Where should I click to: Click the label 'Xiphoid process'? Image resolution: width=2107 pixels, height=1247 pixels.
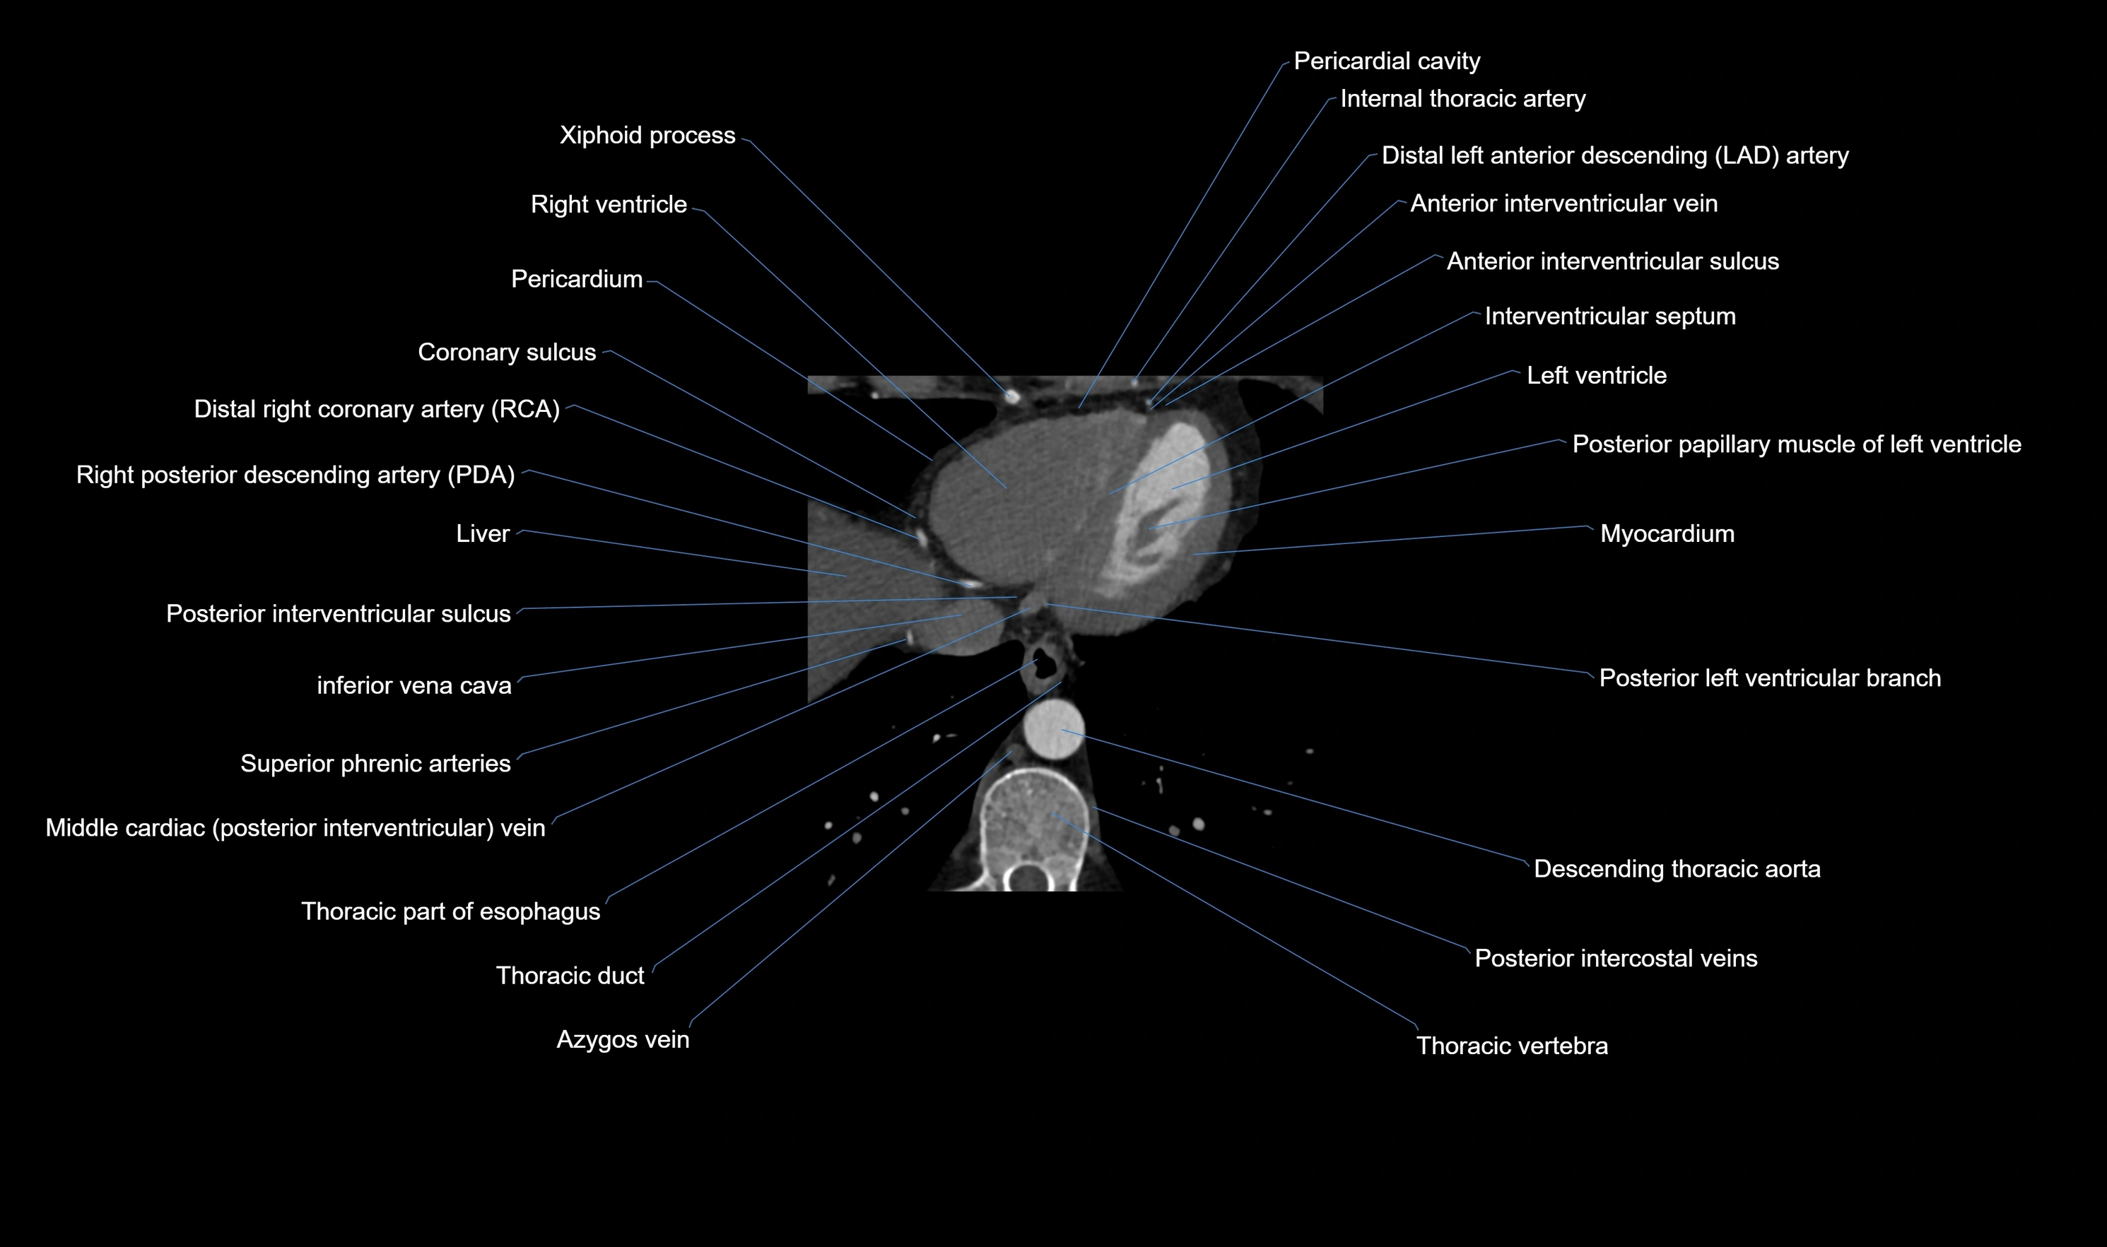point(647,135)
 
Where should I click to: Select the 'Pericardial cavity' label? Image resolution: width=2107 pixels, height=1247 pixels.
point(1387,61)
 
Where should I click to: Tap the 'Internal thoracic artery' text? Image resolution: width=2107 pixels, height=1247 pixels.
point(1462,99)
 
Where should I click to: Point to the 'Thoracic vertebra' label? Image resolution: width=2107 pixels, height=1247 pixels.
point(1511,1046)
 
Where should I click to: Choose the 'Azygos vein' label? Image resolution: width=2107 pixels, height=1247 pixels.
point(622,1040)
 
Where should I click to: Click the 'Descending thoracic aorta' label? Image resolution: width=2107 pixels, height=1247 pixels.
point(1677,869)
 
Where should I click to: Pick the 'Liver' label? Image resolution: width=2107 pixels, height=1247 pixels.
point(483,533)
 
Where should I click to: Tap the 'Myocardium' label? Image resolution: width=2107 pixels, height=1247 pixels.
point(1667,533)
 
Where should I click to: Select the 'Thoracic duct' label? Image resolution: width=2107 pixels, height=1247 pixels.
point(570,976)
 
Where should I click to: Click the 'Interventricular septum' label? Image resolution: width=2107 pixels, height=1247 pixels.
point(1609,317)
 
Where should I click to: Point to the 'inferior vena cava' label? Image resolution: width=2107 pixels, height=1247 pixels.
point(413,686)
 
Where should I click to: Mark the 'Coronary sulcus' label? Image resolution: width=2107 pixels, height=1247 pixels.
point(507,352)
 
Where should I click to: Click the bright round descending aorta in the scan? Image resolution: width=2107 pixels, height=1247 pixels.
point(1054,729)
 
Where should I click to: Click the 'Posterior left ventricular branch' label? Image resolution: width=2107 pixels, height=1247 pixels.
point(1769,679)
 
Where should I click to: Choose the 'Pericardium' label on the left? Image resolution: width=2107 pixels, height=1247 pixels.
point(577,279)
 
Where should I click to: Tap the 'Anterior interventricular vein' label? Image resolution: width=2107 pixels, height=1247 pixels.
point(1563,203)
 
